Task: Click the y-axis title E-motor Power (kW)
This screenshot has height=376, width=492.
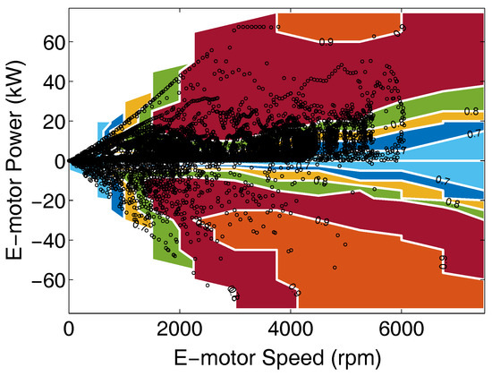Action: [x=15, y=161]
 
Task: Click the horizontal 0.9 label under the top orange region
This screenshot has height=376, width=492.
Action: [x=326, y=41]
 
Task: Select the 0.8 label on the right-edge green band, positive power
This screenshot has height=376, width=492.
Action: [x=471, y=112]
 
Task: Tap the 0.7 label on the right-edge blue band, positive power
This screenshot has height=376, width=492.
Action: [x=471, y=133]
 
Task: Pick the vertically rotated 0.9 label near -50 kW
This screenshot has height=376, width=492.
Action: [x=443, y=261]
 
